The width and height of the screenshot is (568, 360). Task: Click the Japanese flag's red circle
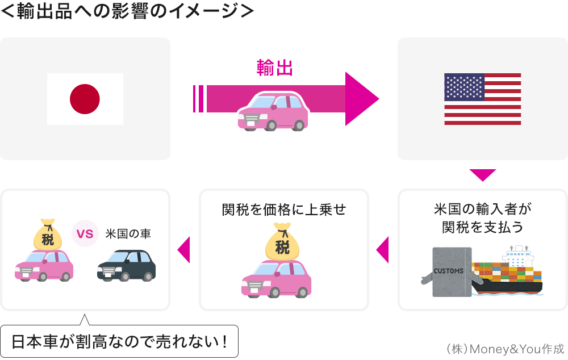(85, 99)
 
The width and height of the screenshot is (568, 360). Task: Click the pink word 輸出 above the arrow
(275, 69)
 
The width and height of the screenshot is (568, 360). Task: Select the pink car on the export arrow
(273, 112)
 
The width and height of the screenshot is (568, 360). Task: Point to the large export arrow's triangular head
(360, 99)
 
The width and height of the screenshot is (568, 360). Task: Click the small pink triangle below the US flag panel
(483, 175)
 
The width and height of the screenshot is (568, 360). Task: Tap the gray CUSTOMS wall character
(450, 271)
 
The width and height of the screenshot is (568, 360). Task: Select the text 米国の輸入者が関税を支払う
(483, 218)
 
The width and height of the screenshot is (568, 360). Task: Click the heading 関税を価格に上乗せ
(283, 210)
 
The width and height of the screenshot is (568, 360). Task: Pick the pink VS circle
(85, 234)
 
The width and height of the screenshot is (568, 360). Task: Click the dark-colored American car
(126, 265)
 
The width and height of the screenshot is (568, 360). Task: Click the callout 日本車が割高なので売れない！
(119, 342)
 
